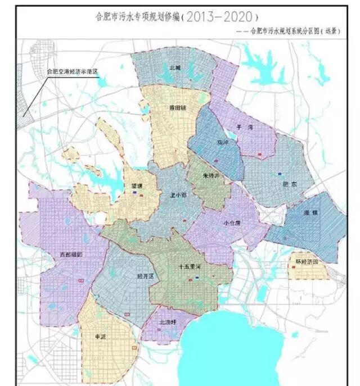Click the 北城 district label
tap(175, 67)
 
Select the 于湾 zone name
tap(244, 128)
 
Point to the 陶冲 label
tap(223, 143)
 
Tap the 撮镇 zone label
tap(310, 213)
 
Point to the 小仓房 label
tap(231, 222)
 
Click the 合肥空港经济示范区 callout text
tap(72, 72)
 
